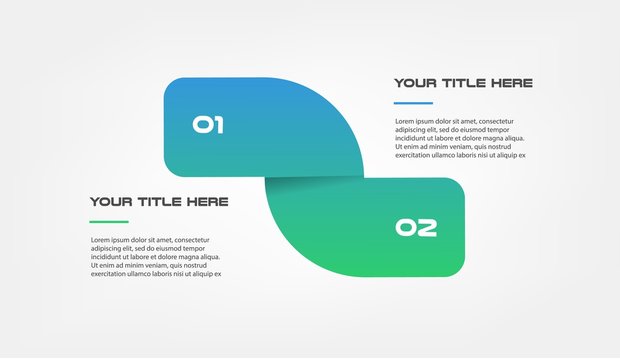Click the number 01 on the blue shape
[x=208, y=125]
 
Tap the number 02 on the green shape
[x=416, y=228]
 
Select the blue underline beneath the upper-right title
[x=413, y=103]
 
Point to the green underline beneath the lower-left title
[x=109, y=222]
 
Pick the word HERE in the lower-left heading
[x=206, y=202]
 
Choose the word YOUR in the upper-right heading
[x=416, y=83]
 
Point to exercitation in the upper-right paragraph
[x=418, y=156]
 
